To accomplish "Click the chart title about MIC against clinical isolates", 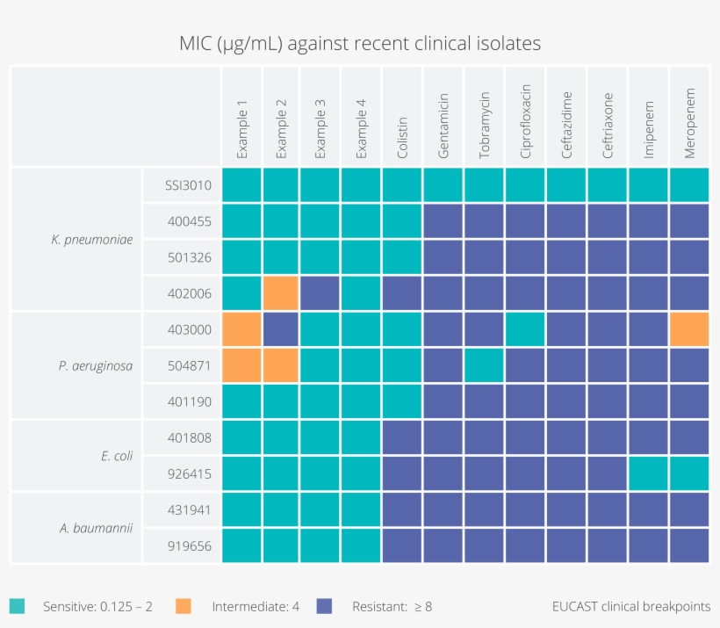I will (360, 42).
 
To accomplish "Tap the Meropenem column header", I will (689, 123).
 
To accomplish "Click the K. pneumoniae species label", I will (92, 239).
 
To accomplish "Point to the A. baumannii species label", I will (97, 528).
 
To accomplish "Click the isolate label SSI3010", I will (187, 185).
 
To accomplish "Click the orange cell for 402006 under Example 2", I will (281, 293).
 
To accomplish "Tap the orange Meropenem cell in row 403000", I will (689, 329).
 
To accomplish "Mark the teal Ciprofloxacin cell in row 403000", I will (525, 329).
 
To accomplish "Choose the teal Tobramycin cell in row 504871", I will (485, 365).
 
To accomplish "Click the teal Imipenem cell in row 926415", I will (648, 473).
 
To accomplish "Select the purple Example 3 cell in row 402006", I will (320, 293).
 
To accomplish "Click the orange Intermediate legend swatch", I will (184, 606).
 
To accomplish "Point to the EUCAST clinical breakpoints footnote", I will (631, 606).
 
